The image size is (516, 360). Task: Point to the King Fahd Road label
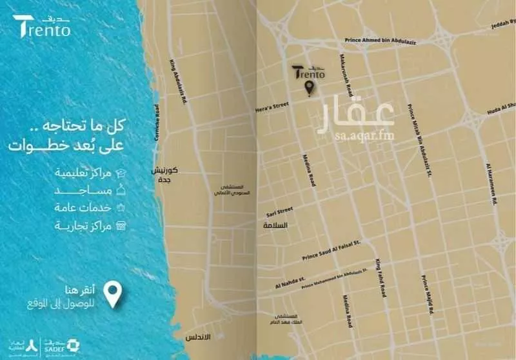(380, 277)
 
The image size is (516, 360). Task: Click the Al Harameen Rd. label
(491, 184)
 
